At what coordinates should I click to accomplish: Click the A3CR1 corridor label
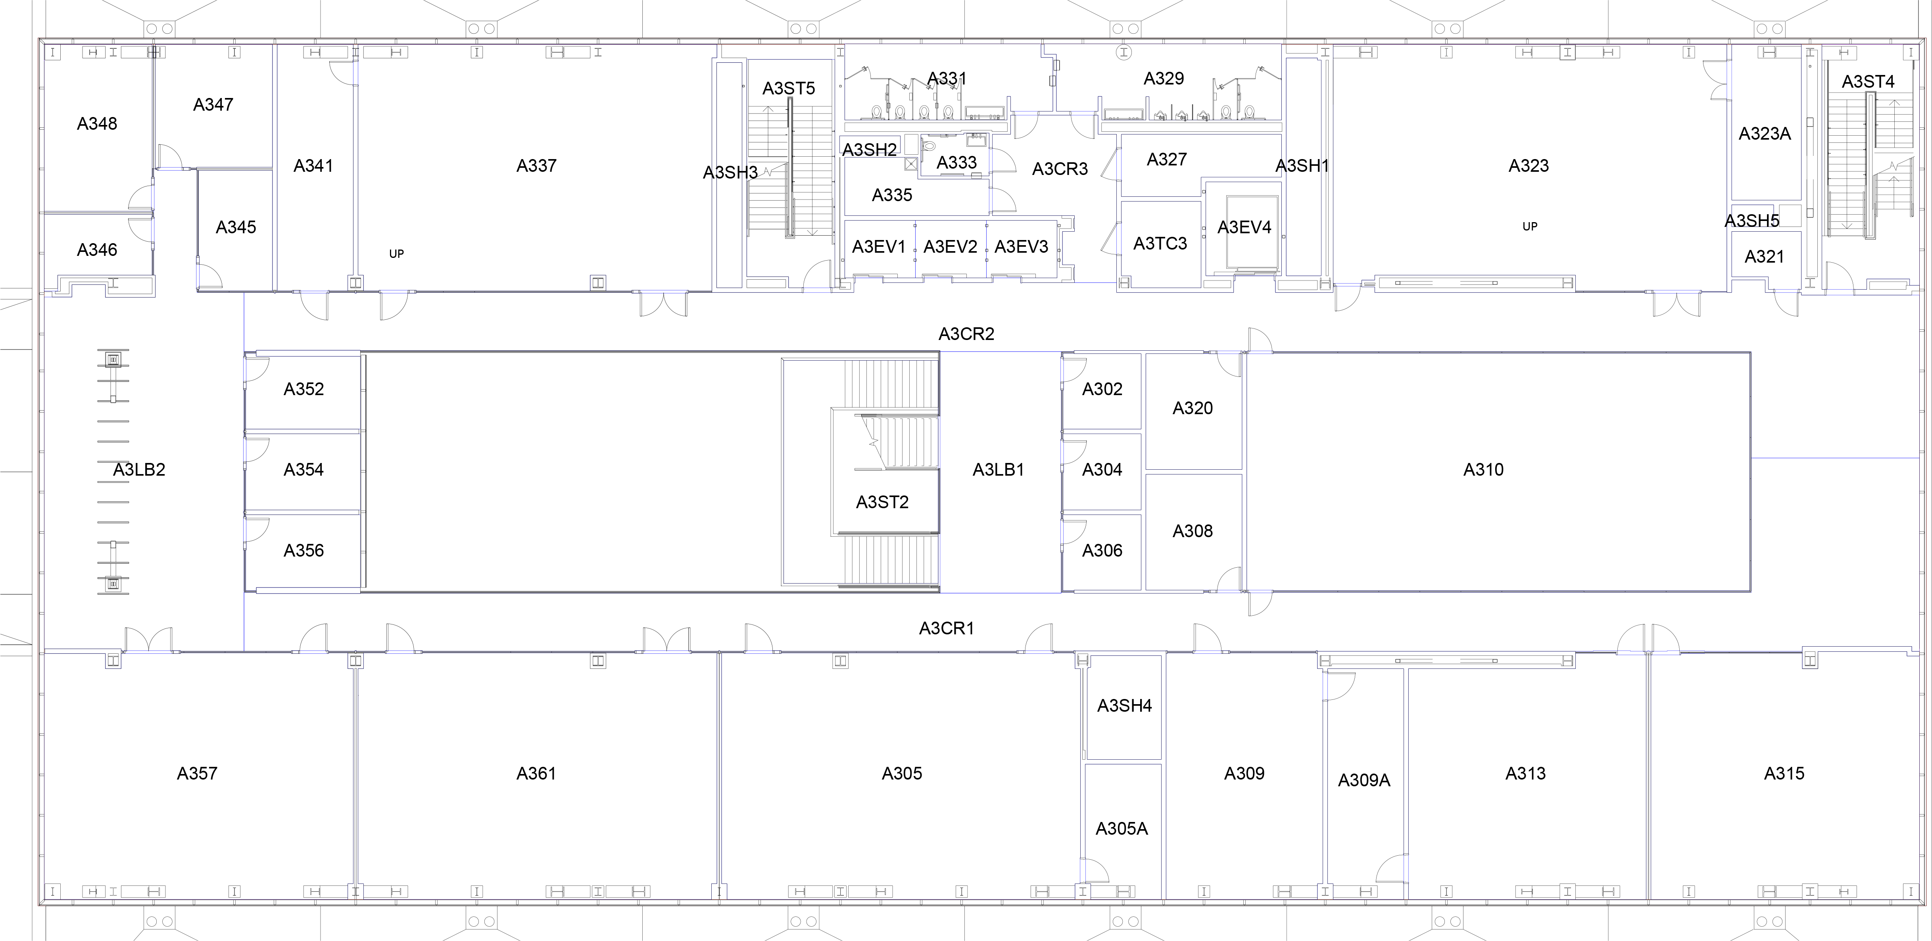(947, 628)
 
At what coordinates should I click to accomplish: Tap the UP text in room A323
(1529, 227)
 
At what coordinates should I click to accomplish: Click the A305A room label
(1121, 828)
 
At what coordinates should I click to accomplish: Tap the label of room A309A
(1364, 781)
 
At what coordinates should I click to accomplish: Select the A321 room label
(1764, 256)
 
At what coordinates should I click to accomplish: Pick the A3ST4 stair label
(1867, 82)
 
